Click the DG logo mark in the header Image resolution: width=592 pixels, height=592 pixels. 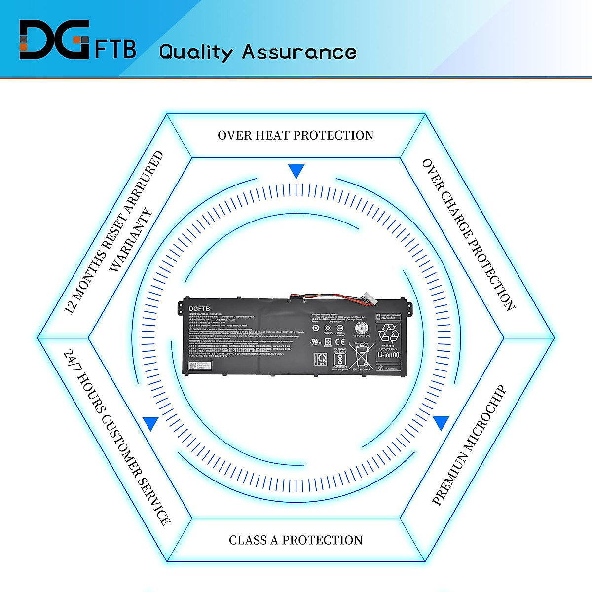(54, 40)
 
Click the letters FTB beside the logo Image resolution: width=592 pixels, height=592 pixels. (115, 49)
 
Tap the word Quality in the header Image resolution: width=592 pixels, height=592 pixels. (196, 52)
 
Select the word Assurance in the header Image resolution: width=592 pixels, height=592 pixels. (299, 52)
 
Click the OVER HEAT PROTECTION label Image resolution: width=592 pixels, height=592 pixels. (296, 135)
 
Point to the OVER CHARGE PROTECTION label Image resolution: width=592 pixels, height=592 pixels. (468, 235)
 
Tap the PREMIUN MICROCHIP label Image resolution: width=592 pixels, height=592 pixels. (469, 445)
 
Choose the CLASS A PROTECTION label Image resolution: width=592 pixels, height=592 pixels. (296, 540)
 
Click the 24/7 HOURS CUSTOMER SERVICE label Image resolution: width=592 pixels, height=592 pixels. (117, 438)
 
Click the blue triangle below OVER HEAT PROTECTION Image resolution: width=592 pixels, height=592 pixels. (296, 171)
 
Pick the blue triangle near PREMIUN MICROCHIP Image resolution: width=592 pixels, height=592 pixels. (441, 423)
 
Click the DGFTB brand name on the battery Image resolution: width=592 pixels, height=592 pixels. (199, 309)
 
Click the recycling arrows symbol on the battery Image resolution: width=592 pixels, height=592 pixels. (388, 333)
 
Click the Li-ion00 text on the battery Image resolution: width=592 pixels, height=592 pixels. (388, 355)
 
